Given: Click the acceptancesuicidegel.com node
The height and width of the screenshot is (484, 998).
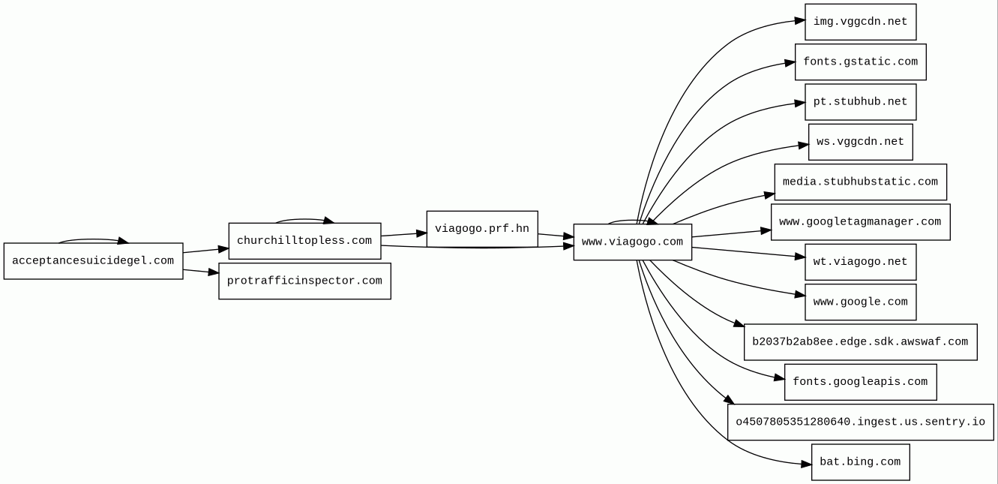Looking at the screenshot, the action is click(x=93, y=261).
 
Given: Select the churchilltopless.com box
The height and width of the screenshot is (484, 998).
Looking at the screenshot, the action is click(x=304, y=241).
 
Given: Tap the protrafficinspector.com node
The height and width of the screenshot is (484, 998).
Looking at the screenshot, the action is click(x=304, y=281).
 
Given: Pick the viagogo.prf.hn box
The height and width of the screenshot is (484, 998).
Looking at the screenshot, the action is click(x=482, y=229).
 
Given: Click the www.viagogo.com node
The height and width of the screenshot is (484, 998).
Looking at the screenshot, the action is click(x=633, y=242).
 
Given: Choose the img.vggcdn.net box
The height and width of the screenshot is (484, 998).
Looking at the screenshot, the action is click(x=860, y=22).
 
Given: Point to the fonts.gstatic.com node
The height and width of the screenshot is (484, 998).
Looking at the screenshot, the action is click(x=860, y=62).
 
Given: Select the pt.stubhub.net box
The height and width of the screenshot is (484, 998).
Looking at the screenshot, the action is click(x=860, y=102).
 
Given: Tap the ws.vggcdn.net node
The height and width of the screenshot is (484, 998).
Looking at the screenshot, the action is click(x=860, y=142).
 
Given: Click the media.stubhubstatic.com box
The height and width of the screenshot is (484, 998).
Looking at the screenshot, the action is click(x=860, y=182).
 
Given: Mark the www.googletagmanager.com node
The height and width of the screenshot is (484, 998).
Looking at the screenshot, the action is click(x=860, y=222).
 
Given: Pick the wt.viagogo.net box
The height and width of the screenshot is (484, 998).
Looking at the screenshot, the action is click(x=860, y=262).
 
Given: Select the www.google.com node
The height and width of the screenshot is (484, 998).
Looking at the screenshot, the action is click(x=860, y=302).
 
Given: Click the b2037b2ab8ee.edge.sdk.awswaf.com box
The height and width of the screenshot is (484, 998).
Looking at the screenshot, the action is click(x=860, y=342).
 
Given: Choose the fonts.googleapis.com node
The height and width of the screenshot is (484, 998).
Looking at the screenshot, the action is click(x=860, y=382).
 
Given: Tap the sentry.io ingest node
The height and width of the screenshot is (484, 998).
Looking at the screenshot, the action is click(x=860, y=422).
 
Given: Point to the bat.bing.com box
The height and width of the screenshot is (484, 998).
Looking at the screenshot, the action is click(x=860, y=462).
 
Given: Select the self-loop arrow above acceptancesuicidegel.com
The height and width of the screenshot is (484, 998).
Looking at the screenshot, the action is click(x=94, y=240).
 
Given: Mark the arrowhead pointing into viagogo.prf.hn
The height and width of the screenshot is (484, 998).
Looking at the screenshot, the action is click(x=421, y=233).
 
